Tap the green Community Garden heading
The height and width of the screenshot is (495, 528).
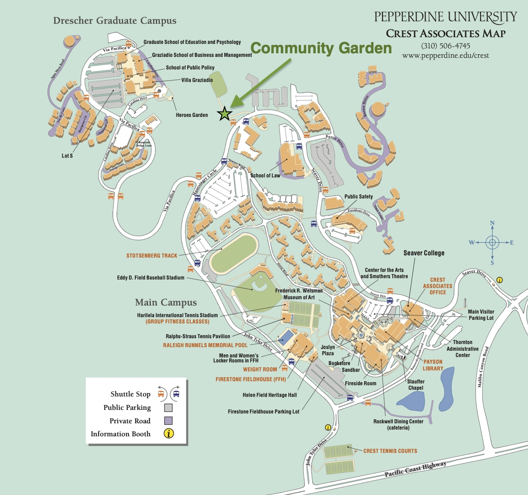[321, 48]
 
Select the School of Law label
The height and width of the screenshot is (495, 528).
[265, 176]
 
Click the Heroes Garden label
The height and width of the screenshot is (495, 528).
[192, 115]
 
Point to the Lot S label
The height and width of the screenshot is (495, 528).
[67, 156]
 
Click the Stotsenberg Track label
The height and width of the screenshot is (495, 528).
[152, 256]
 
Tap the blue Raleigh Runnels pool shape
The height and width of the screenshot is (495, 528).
[286, 336]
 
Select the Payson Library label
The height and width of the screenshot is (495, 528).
[433, 365]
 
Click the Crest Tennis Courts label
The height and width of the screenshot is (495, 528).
[390, 451]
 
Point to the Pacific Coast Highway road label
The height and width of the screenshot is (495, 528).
[415, 469]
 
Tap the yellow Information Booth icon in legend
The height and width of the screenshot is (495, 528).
[169, 434]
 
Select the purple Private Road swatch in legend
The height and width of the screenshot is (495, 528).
[168, 421]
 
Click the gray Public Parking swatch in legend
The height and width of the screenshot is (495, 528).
[168, 408]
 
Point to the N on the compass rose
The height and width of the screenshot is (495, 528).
[492, 223]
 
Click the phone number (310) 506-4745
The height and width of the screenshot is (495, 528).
[445, 46]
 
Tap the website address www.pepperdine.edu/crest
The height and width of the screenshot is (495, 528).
[445, 56]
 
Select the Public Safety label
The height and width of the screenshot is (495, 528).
[358, 197]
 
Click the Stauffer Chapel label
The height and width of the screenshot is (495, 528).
[416, 385]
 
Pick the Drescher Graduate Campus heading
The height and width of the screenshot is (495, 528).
[115, 21]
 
